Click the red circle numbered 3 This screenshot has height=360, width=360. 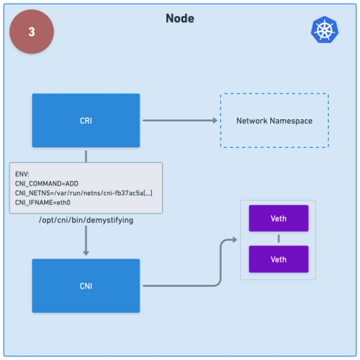[x=31, y=32]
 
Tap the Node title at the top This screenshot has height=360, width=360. [x=180, y=18]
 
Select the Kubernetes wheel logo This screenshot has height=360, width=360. [x=324, y=30]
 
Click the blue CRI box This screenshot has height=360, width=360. [x=86, y=121]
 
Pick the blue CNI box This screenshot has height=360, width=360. [x=86, y=286]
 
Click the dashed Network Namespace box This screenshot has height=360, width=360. [x=274, y=121]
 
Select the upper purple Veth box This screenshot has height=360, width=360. [x=278, y=219]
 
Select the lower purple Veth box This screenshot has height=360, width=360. [x=278, y=259]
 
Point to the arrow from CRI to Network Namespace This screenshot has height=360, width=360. [x=178, y=121]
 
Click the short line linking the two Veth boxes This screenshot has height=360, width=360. [x=278, y=239]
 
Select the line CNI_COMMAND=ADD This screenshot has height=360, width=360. [x=47, y=184]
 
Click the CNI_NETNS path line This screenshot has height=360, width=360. [x=84, y=194]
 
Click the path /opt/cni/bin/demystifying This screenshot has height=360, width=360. [x=86, y=221]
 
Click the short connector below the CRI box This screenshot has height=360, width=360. [x=86, y=155]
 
